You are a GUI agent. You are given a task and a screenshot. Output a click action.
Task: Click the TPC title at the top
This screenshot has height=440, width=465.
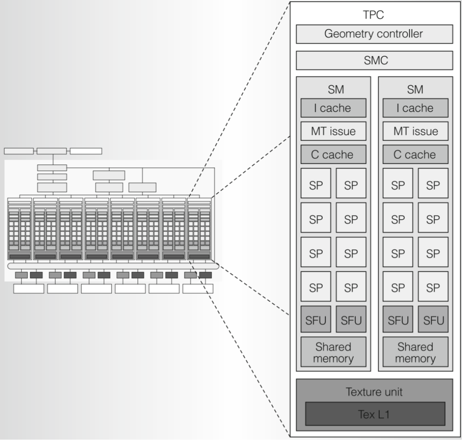(373, 15)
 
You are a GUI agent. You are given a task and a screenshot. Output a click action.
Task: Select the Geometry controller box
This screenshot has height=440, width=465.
(374, 34)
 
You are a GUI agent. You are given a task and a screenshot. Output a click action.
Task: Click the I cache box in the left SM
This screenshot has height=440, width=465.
(333, 108)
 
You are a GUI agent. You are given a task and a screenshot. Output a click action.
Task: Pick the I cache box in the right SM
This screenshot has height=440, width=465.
(415, 108)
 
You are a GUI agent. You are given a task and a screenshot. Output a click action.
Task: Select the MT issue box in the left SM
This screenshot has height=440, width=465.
(333, 131)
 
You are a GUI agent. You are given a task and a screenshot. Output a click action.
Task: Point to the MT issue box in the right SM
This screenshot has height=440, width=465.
(415, 131)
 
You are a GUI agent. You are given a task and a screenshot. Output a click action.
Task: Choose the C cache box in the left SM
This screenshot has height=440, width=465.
(333, 154)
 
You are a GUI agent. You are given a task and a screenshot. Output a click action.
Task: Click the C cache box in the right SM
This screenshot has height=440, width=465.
(415, 154)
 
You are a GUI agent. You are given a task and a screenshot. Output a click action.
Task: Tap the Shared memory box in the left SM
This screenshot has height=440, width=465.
(333, 352)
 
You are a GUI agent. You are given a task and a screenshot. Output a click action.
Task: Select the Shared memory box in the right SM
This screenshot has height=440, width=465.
(415, 352)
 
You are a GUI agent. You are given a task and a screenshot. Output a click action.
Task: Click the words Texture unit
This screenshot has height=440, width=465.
(374, 392)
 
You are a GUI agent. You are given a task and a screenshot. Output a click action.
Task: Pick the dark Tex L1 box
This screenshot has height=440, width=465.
(375, 414)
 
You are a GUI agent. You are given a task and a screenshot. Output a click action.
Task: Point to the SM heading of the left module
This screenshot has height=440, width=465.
(336, 90)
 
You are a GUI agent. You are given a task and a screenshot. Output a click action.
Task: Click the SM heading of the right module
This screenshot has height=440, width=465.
(415, 90)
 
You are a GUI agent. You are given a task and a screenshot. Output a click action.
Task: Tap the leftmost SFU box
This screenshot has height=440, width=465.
(316, 320)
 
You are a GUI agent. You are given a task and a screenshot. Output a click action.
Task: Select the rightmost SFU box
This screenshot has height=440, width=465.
(433, 320)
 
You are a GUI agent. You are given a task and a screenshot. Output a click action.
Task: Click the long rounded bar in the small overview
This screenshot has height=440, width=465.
(113, 266)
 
